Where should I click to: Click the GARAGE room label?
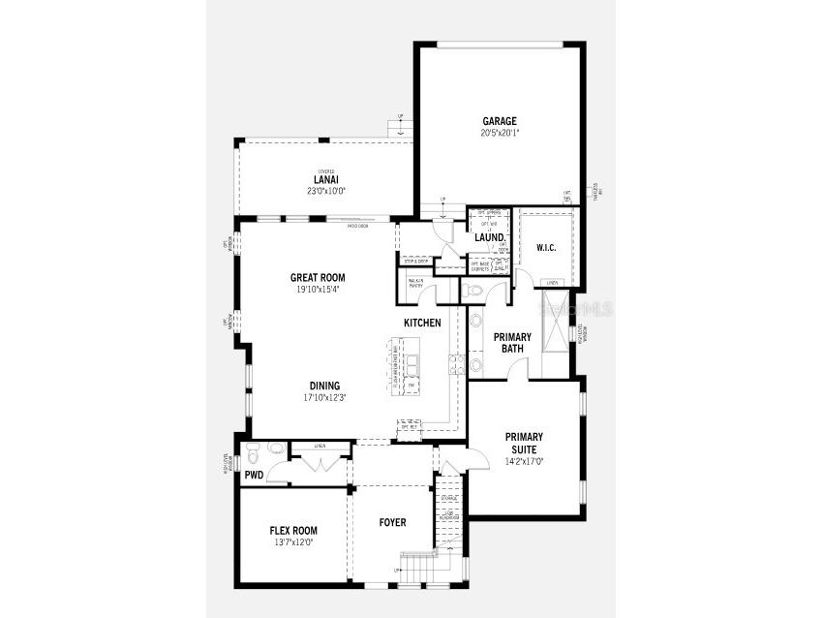(500, 121)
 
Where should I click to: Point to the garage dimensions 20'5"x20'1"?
(500, 133)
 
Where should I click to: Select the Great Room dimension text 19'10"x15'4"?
(318, 289)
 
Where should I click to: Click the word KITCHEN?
(422, 323)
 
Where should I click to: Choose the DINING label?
(324, 386)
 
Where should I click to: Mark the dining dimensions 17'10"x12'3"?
(324, 397)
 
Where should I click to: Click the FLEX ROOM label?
(293, 531)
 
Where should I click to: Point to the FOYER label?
(392, 523)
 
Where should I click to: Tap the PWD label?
(254, 475)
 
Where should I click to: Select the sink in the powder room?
(276, 448)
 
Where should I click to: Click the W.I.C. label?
(546, 248)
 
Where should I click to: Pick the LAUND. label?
(489, 237)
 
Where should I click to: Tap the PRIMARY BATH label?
(512, 343)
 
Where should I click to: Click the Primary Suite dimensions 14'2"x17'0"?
(524, 462)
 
